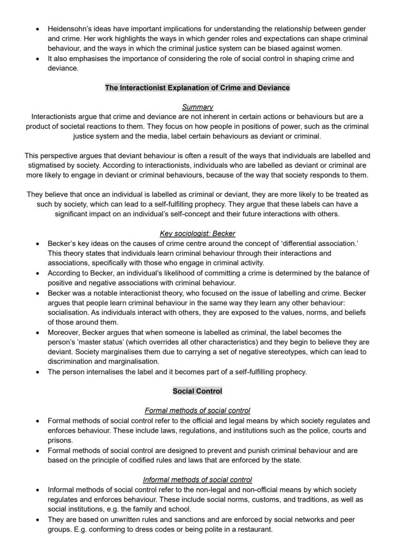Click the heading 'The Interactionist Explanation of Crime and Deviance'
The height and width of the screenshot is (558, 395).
[x=197, y=88]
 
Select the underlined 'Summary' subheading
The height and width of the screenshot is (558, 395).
[x=197, y=107]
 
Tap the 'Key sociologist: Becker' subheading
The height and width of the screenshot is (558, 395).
[x=197, y=233]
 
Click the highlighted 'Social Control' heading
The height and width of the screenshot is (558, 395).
[x=197, y=391]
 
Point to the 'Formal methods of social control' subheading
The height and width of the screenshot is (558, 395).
[x=197, y=410]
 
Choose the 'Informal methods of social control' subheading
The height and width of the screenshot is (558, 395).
[x=197, y=480]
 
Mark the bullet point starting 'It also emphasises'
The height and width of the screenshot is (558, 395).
[x=38, y=59]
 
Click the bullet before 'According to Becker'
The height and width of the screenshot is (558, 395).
[x=38, y=274]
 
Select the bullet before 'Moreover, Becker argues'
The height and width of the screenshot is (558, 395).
[x=38, y=333]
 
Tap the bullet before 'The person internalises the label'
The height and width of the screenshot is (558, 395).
[x=38, y=372]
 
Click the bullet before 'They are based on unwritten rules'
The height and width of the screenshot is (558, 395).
[x=38, y=519]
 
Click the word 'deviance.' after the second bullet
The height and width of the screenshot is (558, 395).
[x=62, y=68]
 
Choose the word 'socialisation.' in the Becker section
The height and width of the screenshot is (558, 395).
[x=70, y=313]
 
